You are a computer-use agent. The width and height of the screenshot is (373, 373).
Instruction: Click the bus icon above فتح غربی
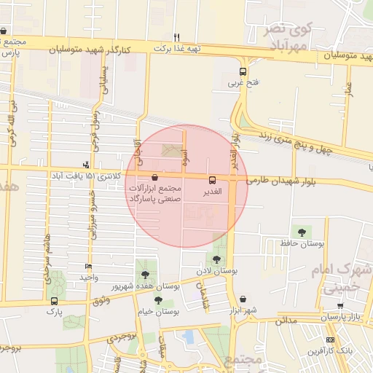click(243, 71)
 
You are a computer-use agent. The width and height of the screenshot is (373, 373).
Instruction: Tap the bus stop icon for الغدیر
click(212, 179)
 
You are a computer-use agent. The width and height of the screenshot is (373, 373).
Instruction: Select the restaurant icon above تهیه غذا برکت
click(176, 36)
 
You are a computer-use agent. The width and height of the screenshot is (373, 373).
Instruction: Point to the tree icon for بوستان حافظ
click(302, 232)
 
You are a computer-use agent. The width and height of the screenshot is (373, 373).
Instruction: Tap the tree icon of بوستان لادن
click(216, 259)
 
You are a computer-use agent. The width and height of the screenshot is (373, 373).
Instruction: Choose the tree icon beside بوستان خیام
click(159, 299)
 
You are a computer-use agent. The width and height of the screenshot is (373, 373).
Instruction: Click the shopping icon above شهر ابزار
click(243, 299)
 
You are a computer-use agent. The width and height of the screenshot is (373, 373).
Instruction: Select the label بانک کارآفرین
click(345, 350)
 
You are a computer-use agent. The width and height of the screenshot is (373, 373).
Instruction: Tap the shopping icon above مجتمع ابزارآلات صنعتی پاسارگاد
click(154, 178)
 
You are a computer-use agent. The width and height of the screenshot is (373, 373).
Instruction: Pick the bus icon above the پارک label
click(54, 300)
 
